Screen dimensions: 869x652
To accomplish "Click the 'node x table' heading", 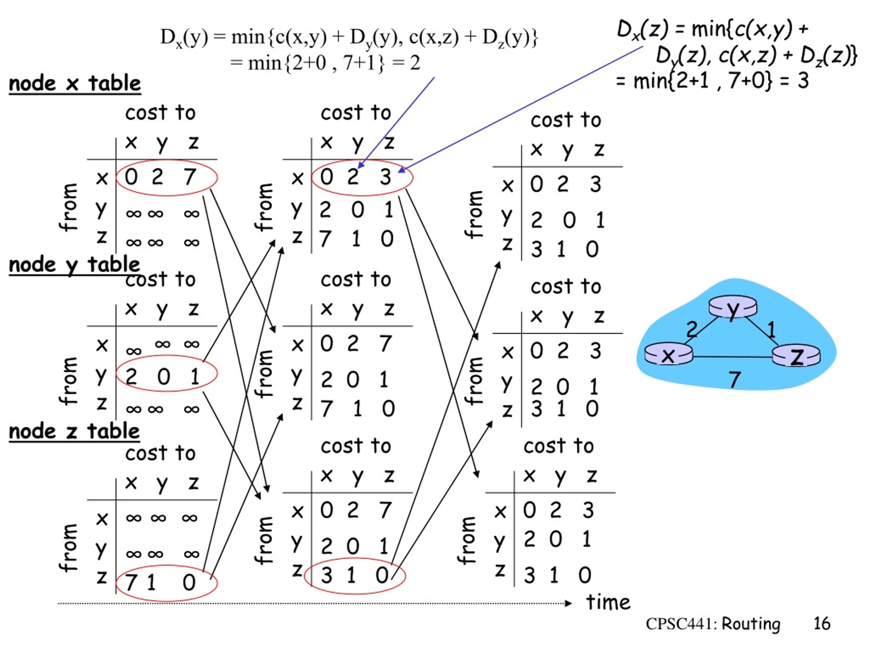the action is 75,83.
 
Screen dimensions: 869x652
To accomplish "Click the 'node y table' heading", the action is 74,265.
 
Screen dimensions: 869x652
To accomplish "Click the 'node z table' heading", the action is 74,432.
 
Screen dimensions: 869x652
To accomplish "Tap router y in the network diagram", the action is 733,307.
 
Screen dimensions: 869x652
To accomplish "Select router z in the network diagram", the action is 796,356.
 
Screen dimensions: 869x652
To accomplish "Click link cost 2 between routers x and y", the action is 692,329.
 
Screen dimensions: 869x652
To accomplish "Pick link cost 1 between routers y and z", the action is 772,329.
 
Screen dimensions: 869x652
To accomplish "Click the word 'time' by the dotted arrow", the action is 608,602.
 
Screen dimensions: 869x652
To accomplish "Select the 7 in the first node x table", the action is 190,177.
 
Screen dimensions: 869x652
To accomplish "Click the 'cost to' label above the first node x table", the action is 160,113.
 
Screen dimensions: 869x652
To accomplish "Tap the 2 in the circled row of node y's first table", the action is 131,377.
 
